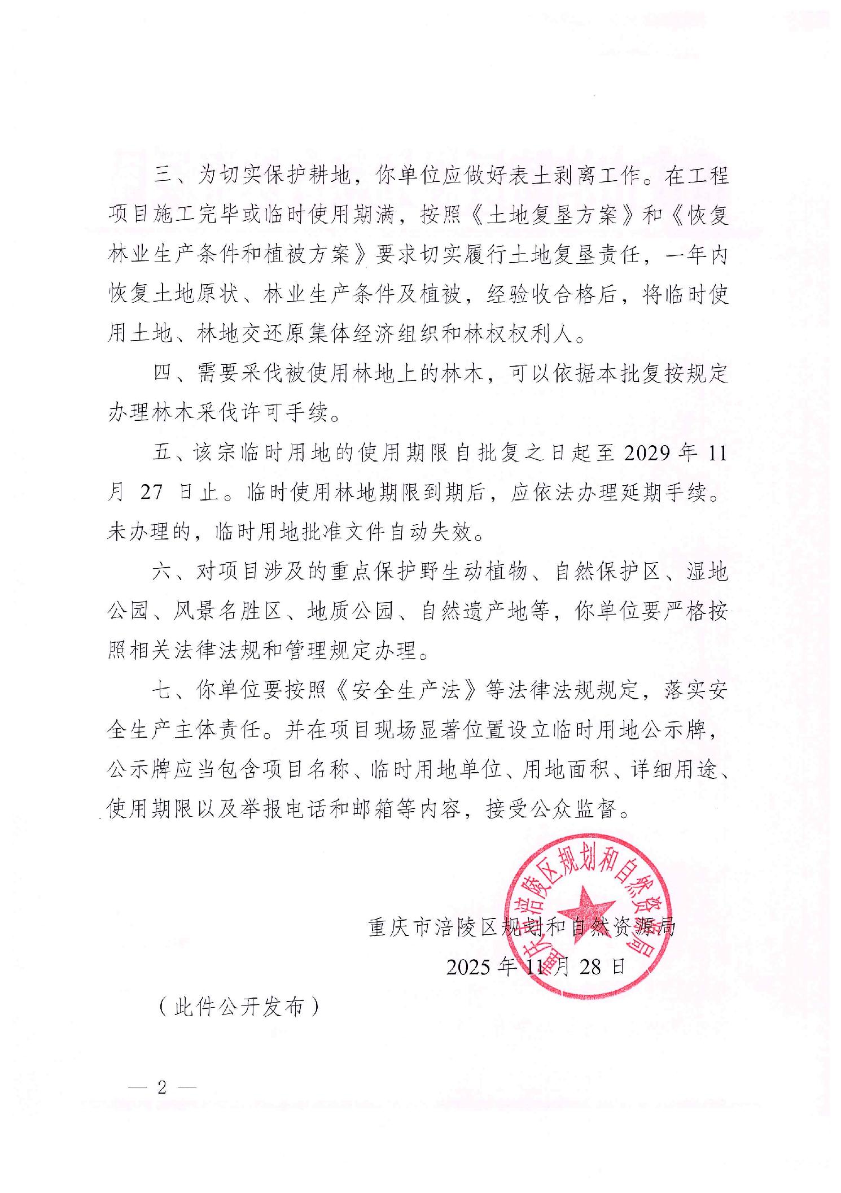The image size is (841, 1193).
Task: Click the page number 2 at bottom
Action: coord(163,1087)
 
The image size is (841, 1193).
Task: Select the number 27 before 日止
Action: coord(151,493)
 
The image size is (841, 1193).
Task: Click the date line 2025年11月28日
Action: coord(536,967)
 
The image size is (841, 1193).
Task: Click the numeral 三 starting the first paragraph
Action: coord(163,177)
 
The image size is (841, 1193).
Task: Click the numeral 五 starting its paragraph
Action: coord(163,454)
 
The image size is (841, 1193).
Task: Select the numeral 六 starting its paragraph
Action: coord(163,572)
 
